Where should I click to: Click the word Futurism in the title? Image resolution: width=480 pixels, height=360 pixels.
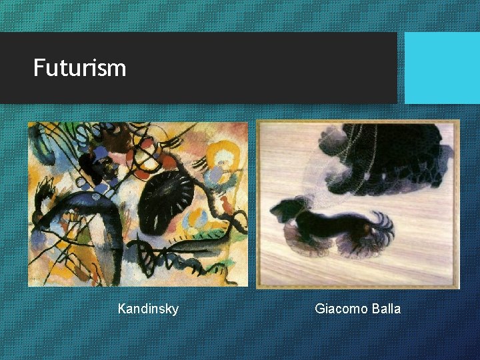coord(79,67)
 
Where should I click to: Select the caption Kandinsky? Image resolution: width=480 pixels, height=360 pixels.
coord(148,309)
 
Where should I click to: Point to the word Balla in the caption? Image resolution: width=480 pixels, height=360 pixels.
coord(386,309)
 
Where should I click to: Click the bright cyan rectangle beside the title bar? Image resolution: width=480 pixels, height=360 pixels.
coord(442,68)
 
